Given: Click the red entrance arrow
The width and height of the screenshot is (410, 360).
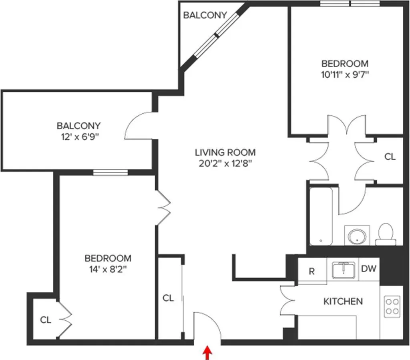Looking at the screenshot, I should [207, 353].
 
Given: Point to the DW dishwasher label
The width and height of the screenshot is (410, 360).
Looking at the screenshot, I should [369, 269].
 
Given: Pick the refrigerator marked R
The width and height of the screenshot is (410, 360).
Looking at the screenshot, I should [312, 272].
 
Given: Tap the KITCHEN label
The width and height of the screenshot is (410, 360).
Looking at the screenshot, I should [343, 301].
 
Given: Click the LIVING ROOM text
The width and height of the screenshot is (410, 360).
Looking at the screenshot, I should [225, 152].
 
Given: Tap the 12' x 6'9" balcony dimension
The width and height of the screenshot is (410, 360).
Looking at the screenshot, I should [78, 136].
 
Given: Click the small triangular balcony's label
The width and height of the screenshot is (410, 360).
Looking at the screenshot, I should [205, 15].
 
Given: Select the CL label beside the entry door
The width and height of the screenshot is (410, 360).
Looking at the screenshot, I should [168, 298].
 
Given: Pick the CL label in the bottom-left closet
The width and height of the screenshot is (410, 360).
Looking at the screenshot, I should [46, 320].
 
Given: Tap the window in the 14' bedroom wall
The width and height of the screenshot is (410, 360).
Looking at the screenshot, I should [110, 173].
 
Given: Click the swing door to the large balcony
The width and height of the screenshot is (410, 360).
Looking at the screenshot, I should [138, 125].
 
